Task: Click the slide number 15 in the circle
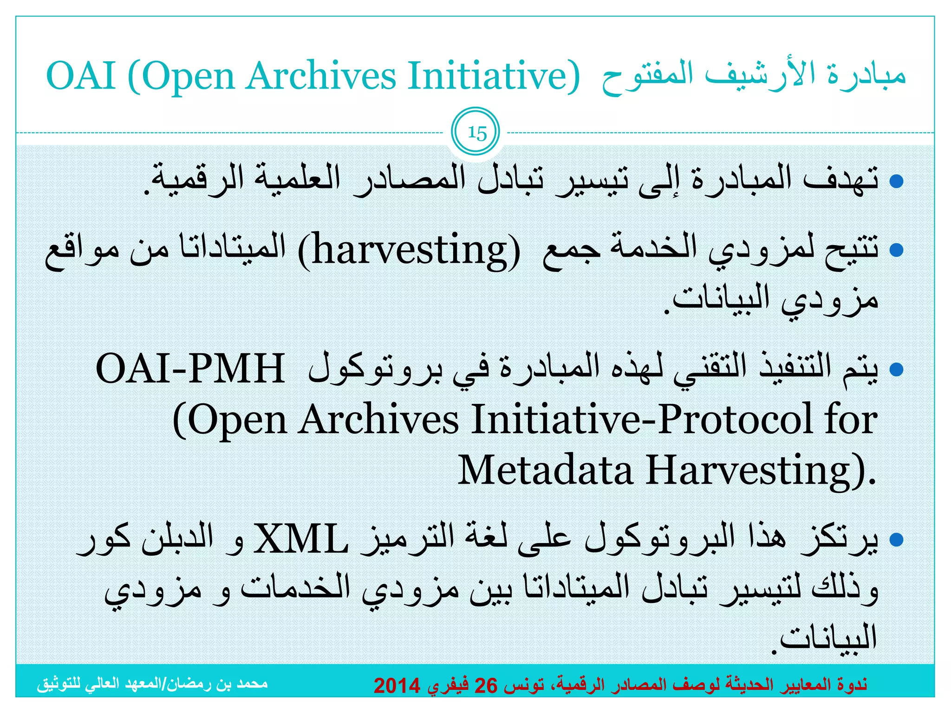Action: click(x=476, y=133)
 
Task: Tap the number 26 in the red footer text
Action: click(x=485, y=686)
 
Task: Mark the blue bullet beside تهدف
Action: click(x=896, y=181)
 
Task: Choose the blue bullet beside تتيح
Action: click(x=896, y=251)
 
